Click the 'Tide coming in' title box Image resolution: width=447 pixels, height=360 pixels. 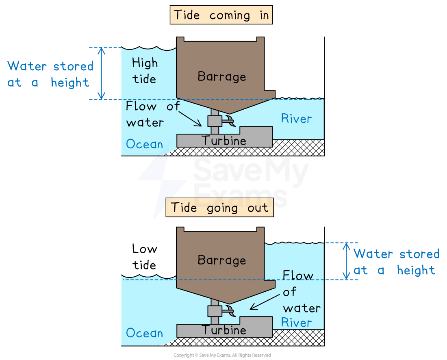coord(221,15)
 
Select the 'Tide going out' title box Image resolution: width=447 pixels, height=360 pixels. coord(219,208)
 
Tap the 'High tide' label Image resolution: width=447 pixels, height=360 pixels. coord(145,71)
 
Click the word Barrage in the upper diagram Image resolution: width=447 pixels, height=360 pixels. coord(222,76)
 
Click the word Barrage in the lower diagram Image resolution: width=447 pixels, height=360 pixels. coord(222,260)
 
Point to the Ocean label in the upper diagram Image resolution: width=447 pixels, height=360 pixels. coord(144,144)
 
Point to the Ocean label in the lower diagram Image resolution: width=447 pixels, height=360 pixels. coord(144,333)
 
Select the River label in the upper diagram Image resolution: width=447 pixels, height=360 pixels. coord(297,119)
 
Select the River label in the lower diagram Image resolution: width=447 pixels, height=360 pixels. coord(297,323)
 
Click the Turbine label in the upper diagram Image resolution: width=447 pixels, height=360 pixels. coord(224,141)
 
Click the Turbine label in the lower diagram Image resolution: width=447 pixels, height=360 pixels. coord(224,330)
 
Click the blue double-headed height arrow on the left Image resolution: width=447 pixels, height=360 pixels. coord(102,73)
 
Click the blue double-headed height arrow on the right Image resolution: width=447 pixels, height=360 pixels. coord(346,261)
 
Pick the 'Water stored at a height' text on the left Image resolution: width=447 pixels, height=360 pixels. coord(50,74)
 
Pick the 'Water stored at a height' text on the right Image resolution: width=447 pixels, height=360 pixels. coord(396,262)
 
